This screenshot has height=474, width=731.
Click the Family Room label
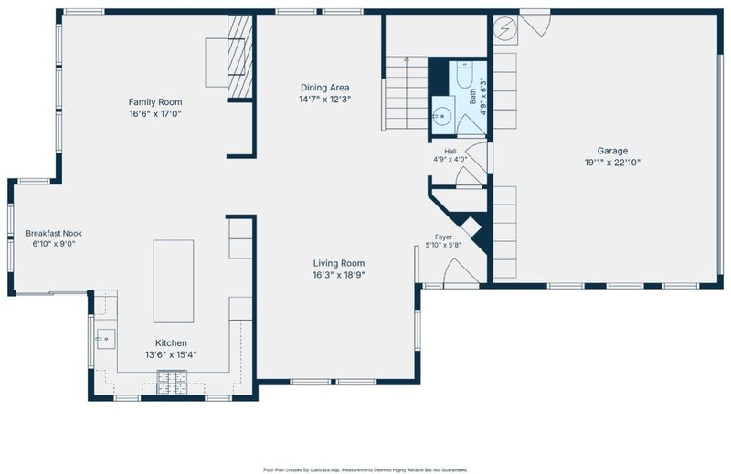(155, 102)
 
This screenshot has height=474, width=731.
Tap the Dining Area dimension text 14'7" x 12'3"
(324, 100)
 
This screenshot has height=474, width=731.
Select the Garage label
(612, 151)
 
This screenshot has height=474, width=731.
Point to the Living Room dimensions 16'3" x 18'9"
(339, 275)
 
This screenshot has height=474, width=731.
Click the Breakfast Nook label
(54, 233)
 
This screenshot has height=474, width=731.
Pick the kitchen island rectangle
(174, 281)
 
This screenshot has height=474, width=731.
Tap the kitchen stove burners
(172, 382)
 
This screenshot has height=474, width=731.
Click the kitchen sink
(106, 339)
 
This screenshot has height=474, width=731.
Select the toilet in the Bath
(465, 74)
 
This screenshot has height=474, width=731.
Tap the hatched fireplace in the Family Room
(240, 57)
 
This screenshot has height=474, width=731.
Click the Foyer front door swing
(461, 270)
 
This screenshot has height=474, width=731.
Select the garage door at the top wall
(535, 22)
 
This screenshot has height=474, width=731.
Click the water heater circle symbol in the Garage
(505, 29)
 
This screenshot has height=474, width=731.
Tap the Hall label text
(450, 151)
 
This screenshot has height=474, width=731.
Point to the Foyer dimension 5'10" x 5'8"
(443, 245)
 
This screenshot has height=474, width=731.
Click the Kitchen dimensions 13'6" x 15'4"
(171, 355)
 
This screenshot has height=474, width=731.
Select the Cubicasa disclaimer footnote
(365, 470)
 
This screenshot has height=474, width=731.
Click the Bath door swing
(471, 124)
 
